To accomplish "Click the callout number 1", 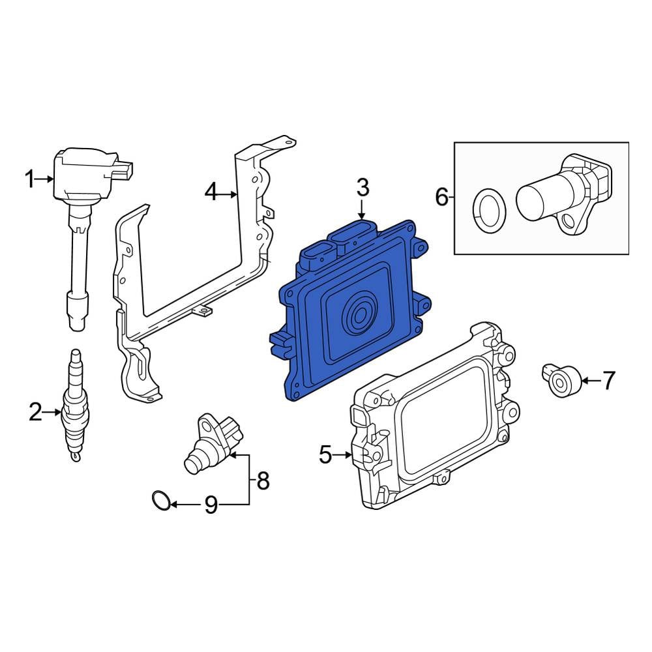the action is pyautogui.click(x=29, y=179).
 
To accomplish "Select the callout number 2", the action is pyautogui.click(x=35, y=412).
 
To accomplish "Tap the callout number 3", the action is pyautogui.click(x=363, y=188).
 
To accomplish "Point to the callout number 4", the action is pyautogui.click(x=211, y=192).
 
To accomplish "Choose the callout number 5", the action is pyautogui.click(x=325, y=454).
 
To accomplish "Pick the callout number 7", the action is pyautogui.click(x=608, y=380).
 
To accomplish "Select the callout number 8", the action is pyautogui.click(x=263, y=481).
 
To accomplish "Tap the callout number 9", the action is pyautogui.click(x=211, y=505).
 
